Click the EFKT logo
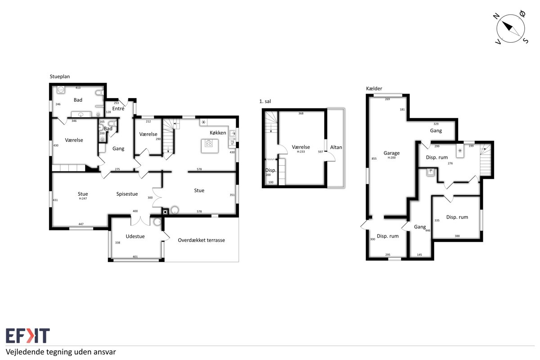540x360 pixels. (x=28, y=335)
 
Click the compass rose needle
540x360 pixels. (x=511, y=29)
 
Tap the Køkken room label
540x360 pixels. (x=218, y=133)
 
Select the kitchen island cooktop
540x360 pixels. (x=208, y=144)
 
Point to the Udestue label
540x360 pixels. (x=135, y=236)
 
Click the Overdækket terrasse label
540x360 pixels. (x=201, y=240)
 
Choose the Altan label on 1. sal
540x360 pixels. (x=336, y=147)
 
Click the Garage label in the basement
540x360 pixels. (x=391, y=153)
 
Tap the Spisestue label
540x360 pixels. (x=127, y=194)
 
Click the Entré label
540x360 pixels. (x=118, y=108)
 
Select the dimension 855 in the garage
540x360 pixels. (x=374, y=159)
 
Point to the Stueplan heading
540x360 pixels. (x=60, y=76)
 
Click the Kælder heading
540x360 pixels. (x=374, y=89)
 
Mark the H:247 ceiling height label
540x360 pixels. (x=83, y=198)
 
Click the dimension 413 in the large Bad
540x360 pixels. (x=78, y=88)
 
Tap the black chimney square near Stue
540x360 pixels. (x=165, y=212)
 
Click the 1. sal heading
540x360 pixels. (x=265, y=102)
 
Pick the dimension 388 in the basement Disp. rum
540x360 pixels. (x=457, y=236)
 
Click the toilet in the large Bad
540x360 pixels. (x=100, y=93)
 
